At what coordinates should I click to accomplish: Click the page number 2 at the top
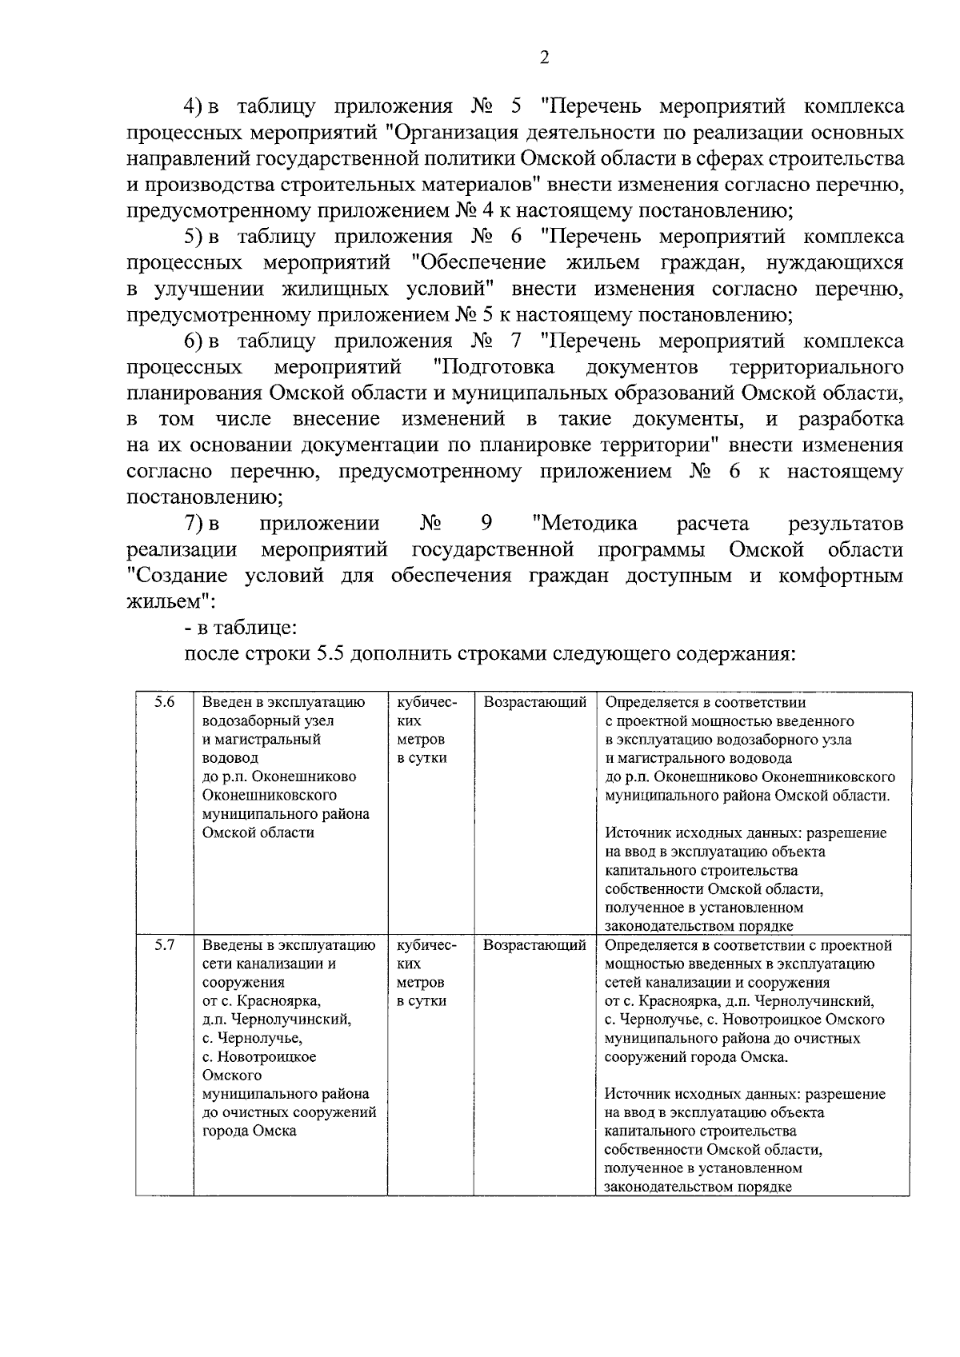[544, 57]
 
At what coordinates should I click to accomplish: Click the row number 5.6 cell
[165, 703]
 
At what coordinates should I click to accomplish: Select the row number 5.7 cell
[165, 945]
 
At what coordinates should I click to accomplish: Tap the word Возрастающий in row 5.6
[534, 703]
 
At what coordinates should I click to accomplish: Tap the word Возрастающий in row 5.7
[534, 945]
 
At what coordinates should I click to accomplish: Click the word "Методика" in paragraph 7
[584, 524]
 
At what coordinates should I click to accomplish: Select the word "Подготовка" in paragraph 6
[493, 367]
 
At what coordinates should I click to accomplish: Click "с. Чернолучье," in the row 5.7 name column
[252, 1038]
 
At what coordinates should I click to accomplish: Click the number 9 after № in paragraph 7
[486, 524]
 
